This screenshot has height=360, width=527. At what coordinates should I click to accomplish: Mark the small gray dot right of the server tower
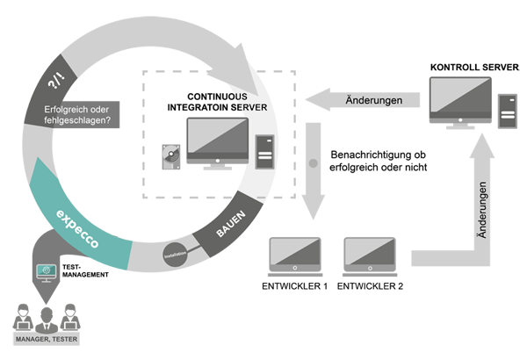(x=312, y=163)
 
